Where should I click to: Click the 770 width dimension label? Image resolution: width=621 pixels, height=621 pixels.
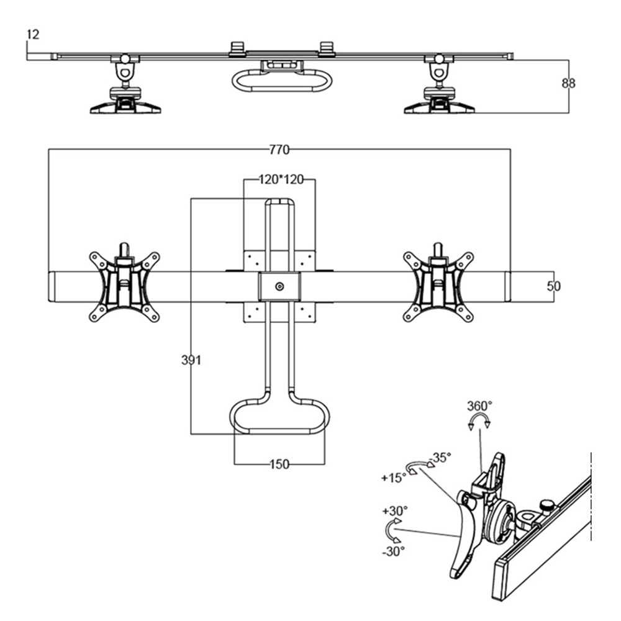pyautogui.click(x=279, y=149)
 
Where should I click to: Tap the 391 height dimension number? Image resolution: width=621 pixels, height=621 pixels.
pyautogui.click(x=191, y=360)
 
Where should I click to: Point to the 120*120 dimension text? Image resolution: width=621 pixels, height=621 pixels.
pyautogui.click(x=280, y=180)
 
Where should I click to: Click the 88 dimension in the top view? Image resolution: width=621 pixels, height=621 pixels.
pyautogui.click(x=568, y=83)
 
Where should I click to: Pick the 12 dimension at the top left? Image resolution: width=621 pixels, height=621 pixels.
pyautogui.click(x=32, y=35)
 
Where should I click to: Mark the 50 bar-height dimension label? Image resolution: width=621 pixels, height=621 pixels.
pyautogui.click(x=554, y=286)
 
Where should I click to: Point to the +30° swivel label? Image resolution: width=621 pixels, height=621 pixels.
pyautogui.click(x=395, y=510)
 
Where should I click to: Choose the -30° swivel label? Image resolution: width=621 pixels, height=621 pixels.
pyautogui.click(x=394, y=550)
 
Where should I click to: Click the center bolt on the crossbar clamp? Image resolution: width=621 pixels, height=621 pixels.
pyautogui.click(x=279, y=286)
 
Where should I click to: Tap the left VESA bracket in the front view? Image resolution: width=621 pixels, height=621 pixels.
pyautogui.click(x=124, y=286)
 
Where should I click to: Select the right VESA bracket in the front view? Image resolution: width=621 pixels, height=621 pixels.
pyautogui.click(x=438, y=286)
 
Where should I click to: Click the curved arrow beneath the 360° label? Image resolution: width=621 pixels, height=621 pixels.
pyautogui.click(x=479, y=422)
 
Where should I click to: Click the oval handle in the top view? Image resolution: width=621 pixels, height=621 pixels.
pyautogui.click(x=279, y=81)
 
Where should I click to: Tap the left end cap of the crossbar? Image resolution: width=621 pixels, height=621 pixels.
pyautogui.click(x=53, y=286)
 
